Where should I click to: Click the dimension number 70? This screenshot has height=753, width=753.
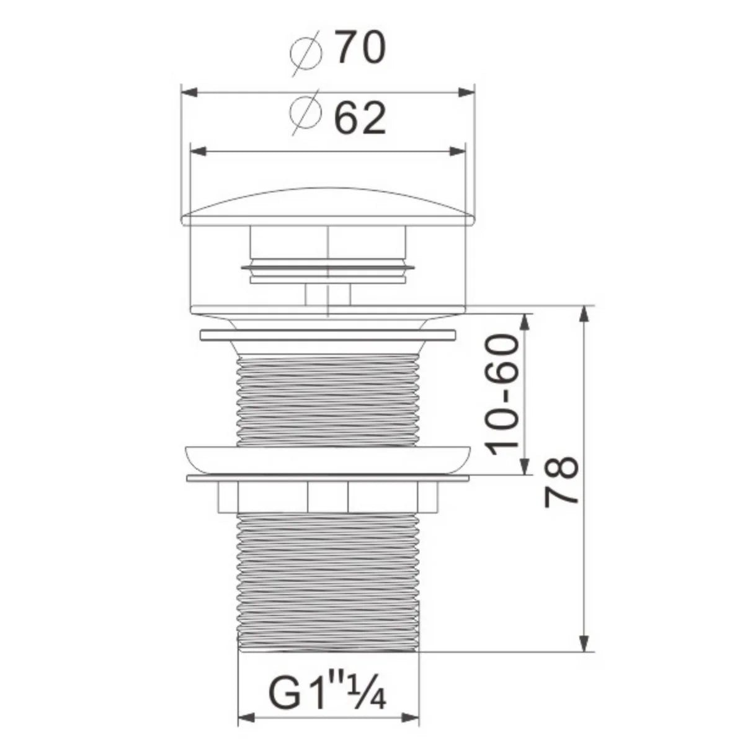click(360, 48)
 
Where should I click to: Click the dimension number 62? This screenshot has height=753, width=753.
click(360, 117)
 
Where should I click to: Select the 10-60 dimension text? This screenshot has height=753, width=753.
click(502, 394)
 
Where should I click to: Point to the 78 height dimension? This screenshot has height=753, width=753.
click(561, 482)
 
